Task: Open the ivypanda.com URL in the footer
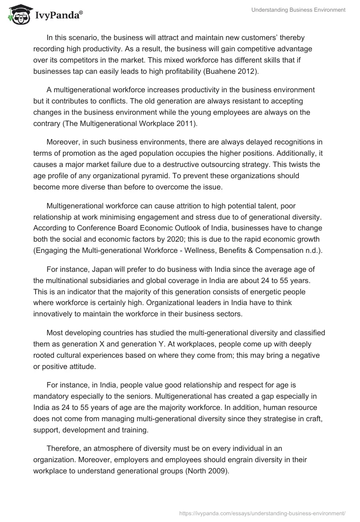coord(262,513)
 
